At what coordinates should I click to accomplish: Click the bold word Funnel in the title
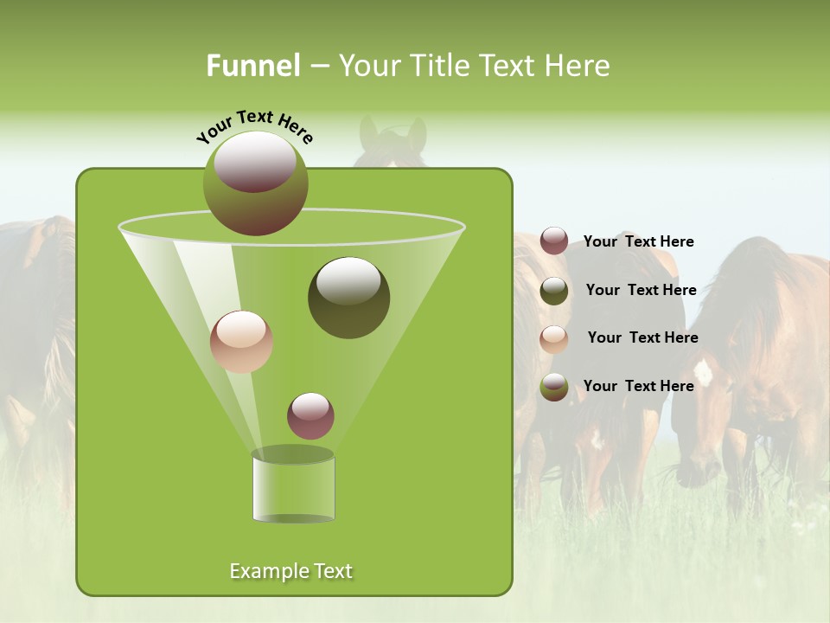tap(252, 66)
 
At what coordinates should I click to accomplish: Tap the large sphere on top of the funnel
tap(255, 183)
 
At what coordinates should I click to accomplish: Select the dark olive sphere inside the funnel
tap(348, 298)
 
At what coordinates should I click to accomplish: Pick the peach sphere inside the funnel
tap(241, 342)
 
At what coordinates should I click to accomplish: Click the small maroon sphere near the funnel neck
tap(310, 416)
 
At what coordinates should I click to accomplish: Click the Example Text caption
tap(290, 571)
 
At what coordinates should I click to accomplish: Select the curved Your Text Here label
tap(254, 125)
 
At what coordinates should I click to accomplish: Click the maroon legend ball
tap(554, 241)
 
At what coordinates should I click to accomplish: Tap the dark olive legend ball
tap(554, 291)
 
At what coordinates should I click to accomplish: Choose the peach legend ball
tap(554, 338)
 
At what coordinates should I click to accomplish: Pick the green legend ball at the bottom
tap(554, 387)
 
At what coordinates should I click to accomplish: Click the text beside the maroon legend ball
tap(638, 242)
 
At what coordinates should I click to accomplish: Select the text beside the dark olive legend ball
tap(641, 291)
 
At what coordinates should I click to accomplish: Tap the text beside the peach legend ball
tap(642, 338)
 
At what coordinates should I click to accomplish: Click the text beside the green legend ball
tap(638, 387)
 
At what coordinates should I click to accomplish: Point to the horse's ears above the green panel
tap(393, 134)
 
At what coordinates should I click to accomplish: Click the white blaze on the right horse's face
tap(703, 372)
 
